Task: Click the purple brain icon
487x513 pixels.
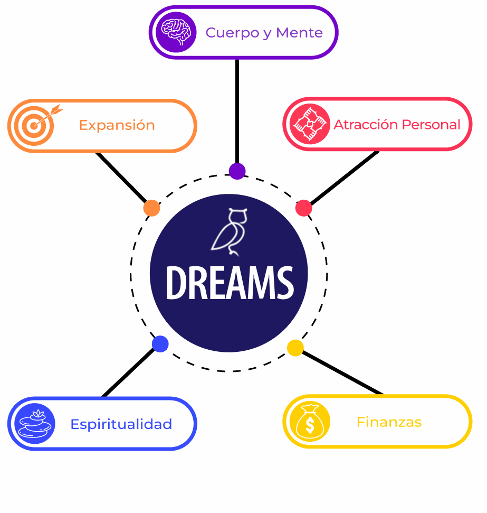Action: [x=176, y=32]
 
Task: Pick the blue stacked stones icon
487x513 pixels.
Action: [x=35, y=423]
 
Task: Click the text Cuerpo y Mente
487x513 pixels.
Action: [x=264, y=33]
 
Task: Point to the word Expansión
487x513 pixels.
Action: [x=117, y=126]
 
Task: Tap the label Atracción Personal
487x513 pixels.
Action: [x=397, y=125]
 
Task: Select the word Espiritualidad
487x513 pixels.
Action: [x=121, y=424]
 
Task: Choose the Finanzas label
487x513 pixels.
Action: [x=389, y=422]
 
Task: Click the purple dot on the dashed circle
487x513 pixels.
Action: [x=237, y=171]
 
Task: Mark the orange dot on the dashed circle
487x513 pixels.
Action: [x=151, y=208]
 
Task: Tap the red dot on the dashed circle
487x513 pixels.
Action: [x=303, y=208]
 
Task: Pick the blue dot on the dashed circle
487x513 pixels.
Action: [x=160, y=344]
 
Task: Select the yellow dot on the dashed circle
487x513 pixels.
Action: [x=295, y=347]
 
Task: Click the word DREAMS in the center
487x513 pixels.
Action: [x=230, y=283]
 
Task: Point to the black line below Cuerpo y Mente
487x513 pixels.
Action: [x=237, y=111]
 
